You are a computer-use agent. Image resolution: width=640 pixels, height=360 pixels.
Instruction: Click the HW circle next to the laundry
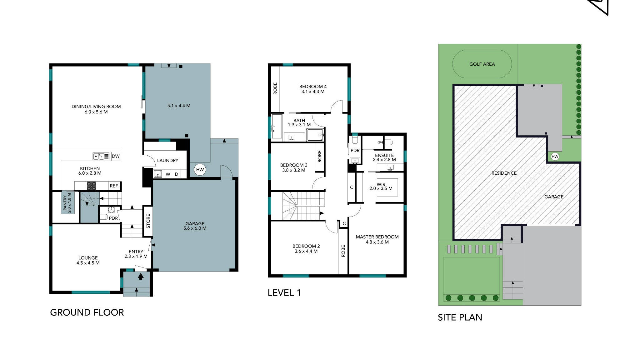click(x=200, y=170)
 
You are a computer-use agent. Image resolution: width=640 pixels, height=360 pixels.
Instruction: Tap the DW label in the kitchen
click(x=116, y=156)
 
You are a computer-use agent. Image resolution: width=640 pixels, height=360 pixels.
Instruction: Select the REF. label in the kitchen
click(x=114, y=186)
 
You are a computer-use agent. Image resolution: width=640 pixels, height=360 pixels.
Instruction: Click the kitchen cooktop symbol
click(x=91, y=186)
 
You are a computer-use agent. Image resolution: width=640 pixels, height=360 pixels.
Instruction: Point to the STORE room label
click(x=148, y=221)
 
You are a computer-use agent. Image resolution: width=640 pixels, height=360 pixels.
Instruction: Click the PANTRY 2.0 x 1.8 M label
click(x=67, y=203)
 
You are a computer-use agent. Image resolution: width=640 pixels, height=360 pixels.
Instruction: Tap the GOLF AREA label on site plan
click(x=482, y=64)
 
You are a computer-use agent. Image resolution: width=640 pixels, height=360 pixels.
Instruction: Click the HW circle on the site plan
click(x=555, y=157)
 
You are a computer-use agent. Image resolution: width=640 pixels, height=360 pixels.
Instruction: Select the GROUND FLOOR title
click(x=87, y=312)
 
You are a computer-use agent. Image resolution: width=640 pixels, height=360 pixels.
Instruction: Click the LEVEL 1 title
click(x=284, y=293)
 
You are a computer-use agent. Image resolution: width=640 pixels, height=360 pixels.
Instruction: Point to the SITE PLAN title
click(x=460, y=317)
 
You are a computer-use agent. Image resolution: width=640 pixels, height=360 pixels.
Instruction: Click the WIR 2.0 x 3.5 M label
click(x=381, y=187)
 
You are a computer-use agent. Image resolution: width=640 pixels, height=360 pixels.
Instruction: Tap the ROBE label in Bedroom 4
click(x=275, y=88)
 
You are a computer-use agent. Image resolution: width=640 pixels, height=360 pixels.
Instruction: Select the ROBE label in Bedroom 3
click(x=319, y=156)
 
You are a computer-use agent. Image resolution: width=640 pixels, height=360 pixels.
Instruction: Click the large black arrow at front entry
click(x=141, y=276)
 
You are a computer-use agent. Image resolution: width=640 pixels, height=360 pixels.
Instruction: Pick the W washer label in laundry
click(x=168, y=174)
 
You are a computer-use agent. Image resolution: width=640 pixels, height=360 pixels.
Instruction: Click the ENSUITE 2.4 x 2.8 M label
click(x=384, y=157)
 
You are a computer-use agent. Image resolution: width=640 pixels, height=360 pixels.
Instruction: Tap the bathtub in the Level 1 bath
click(x=277, y=126)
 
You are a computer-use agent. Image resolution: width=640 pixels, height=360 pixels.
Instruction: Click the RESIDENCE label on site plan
click(x=504, y=173)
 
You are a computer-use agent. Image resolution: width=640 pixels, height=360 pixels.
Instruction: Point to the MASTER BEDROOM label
click(x=377, y=239)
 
